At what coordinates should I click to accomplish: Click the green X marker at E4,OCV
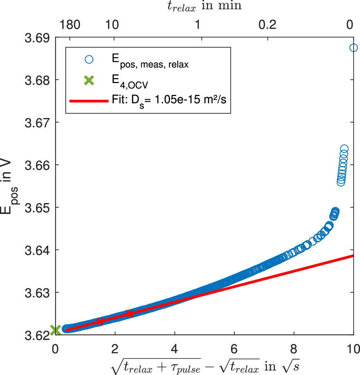click(55, 330)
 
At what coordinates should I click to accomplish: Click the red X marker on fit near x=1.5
click(100, 321)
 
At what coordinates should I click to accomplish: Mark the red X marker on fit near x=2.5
click(130, 314)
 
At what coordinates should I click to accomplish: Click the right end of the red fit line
click(353, 256)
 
